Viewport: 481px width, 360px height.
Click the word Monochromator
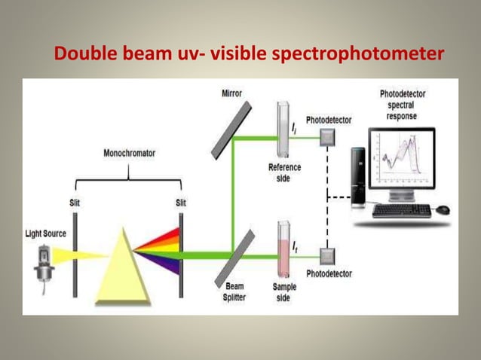129,153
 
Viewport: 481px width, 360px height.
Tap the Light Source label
44,233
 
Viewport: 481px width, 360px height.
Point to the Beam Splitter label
236,291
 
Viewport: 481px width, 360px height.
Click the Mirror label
231,93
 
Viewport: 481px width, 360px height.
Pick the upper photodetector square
327,137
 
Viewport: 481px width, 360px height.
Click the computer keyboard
401,210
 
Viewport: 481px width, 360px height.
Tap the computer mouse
443,209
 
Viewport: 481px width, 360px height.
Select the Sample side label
284,291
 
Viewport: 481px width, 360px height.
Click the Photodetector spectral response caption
403,105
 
